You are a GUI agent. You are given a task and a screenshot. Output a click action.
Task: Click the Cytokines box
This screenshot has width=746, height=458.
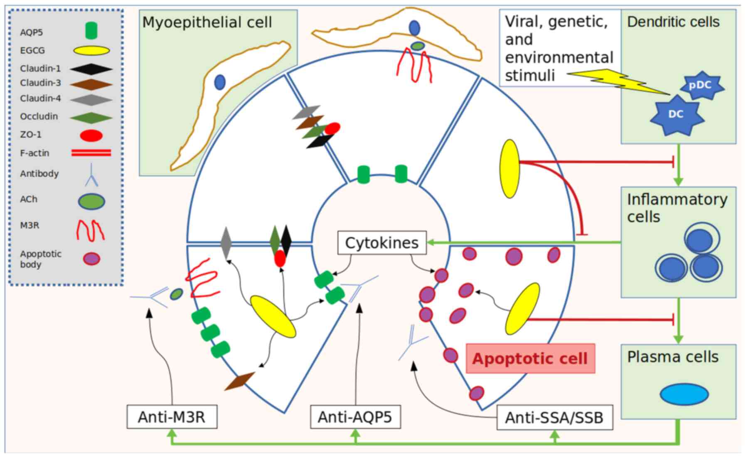click(x=382, y=243)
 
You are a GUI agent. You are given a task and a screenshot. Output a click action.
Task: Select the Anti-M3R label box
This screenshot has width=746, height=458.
click(x=172, y=416)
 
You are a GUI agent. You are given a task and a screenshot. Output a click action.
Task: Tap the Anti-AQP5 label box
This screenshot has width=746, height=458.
click(x=355, y=416)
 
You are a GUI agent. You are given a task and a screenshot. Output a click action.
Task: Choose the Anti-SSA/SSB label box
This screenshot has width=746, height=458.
click(x=554, y=417)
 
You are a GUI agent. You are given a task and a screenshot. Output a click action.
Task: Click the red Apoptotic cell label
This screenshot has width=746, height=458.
click(x=530, y=358)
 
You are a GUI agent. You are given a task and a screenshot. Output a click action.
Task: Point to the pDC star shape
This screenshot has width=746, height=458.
click(x=700, y=86)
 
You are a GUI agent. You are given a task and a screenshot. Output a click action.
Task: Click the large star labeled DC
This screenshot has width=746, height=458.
click(x=676, y=114)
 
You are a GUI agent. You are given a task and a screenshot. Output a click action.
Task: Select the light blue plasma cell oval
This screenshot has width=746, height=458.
click(x=684, y=394)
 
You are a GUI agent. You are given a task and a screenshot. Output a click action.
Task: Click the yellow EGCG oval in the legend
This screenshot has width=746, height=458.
click(x=91, y=51)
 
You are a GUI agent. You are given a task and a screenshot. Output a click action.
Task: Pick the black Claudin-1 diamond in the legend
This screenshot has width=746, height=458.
click(x=91, y=69)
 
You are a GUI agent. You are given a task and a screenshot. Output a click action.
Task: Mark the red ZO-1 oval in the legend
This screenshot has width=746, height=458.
click(x=91, y=135)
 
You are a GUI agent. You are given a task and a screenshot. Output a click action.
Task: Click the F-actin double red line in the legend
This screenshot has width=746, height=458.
click(x=91, y=153)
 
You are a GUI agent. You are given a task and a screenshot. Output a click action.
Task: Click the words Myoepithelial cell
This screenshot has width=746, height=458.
click(x=207, y=22)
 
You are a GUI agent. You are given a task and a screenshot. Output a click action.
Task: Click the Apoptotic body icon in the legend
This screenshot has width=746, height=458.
click(x=91, y=259)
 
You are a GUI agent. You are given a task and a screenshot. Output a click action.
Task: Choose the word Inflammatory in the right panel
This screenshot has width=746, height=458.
click(x=677, y=199)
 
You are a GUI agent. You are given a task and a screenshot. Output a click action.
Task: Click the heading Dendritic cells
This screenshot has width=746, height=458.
click(x=673, y=22)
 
